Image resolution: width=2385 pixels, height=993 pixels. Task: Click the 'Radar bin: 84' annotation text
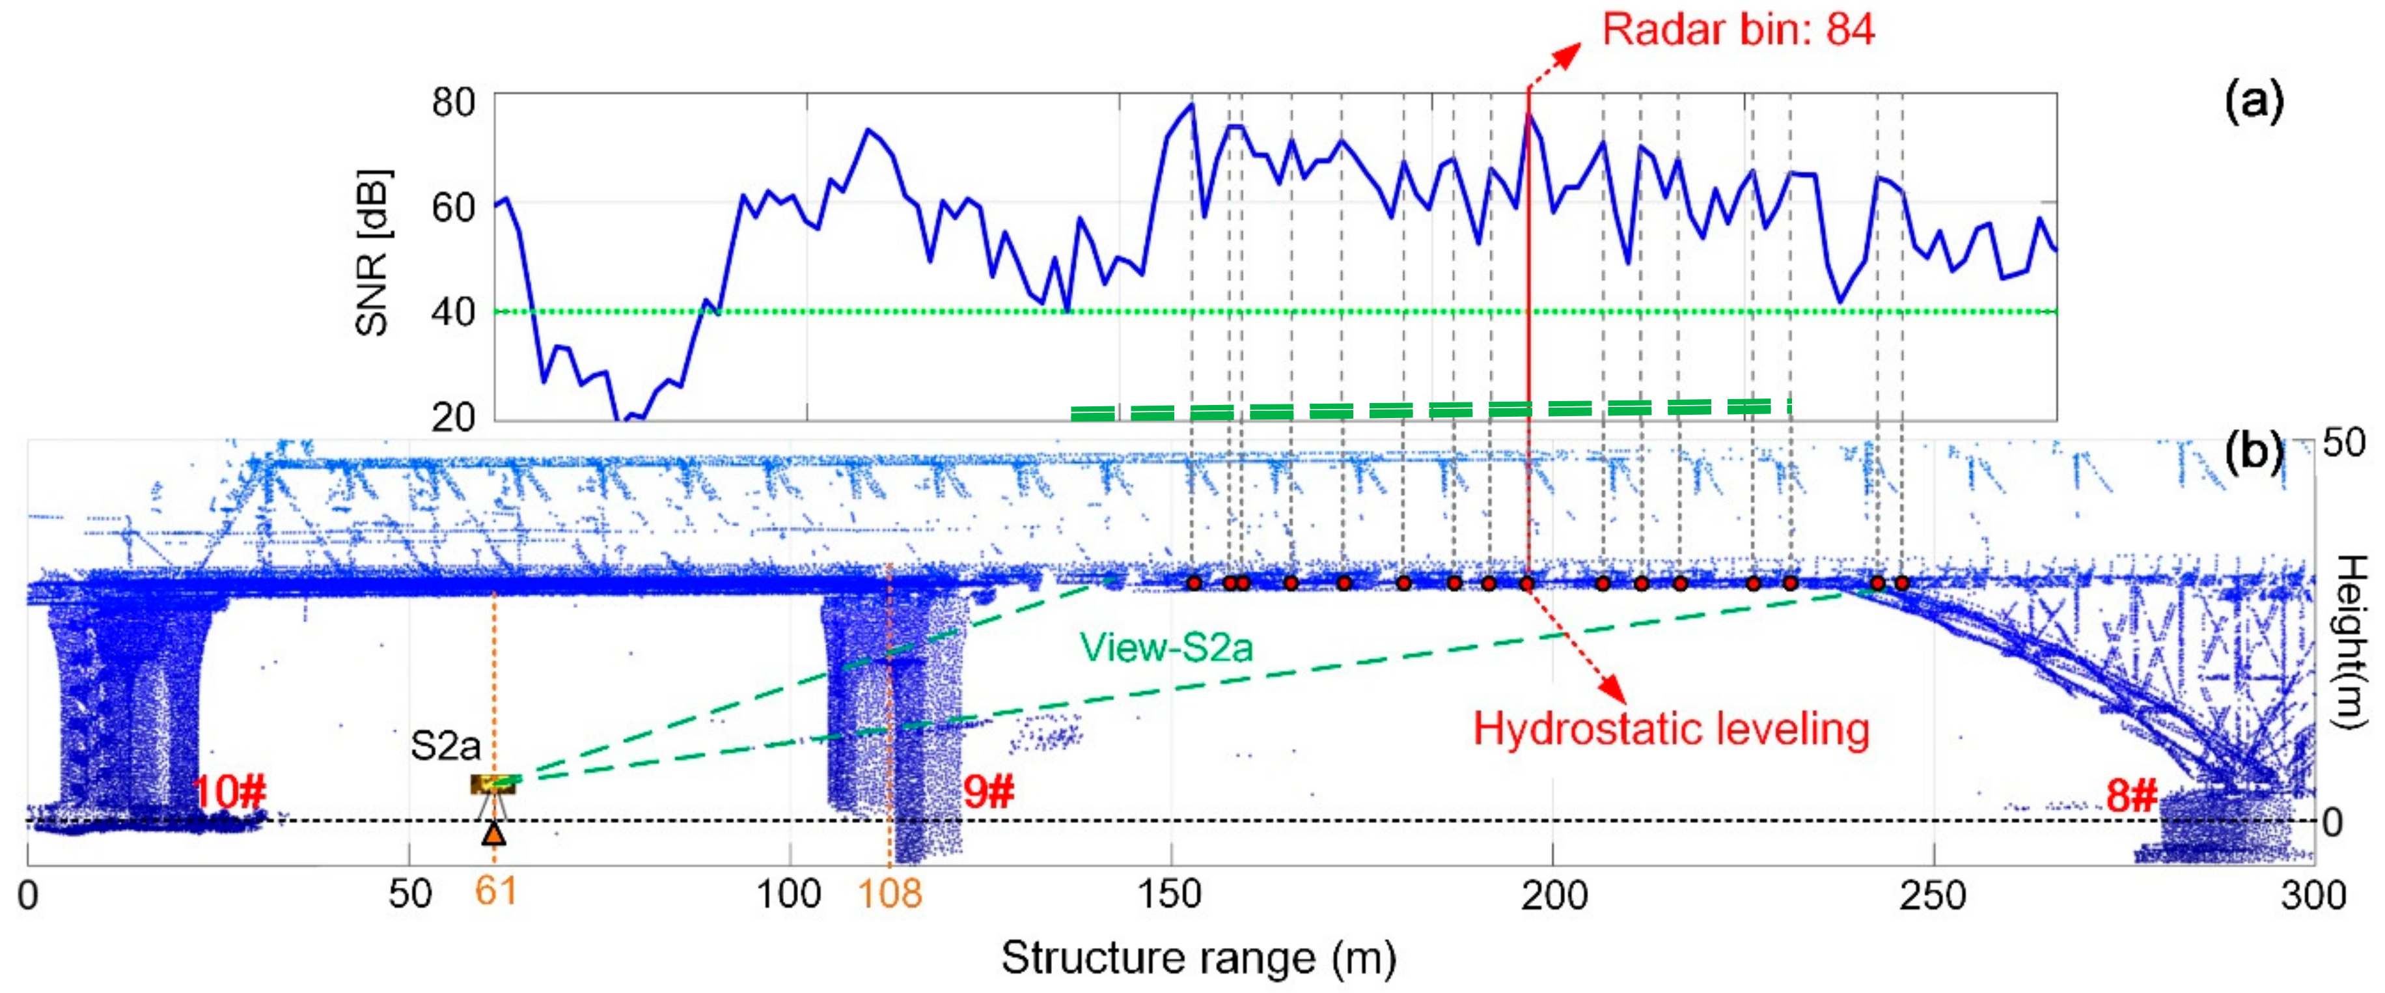[1738, 30]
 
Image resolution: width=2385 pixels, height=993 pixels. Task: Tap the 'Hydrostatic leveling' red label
[1671, 729]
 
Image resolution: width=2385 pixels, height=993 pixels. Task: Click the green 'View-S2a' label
[1166, 647]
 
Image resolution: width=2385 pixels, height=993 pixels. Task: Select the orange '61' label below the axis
[496, 891]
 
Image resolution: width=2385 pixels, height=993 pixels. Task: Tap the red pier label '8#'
[2131, 796]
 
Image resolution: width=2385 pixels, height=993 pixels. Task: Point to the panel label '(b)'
[2254, 451]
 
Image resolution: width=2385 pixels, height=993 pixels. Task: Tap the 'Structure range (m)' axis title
[1198, 958]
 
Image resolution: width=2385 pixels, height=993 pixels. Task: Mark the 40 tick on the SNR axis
[454, 312]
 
